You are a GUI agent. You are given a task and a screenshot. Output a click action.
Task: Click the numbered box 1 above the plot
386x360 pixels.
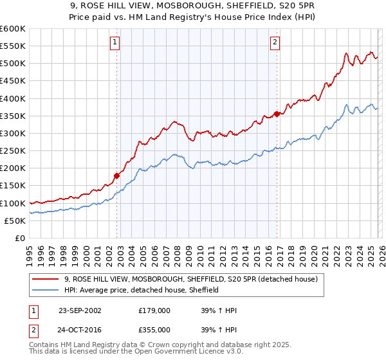tap(115, 42)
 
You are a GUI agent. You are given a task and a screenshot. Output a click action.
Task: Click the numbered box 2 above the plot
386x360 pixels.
tap(275, 42)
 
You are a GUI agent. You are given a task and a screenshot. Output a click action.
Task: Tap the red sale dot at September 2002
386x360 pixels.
tap(117, 175)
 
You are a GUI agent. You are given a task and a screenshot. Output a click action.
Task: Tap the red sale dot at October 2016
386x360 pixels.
tap(277, 114)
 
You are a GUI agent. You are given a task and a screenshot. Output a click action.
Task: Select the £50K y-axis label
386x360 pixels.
tap(15, 221)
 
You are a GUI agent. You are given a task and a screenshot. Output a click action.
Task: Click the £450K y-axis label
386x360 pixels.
tap(13, 82)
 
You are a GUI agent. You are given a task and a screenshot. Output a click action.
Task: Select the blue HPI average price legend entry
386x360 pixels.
tap(142, 291)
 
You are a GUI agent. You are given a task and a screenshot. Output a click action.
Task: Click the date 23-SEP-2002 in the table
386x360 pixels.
tap(80, 310)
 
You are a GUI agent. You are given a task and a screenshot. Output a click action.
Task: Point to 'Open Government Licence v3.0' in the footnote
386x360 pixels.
tap(192, 352)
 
